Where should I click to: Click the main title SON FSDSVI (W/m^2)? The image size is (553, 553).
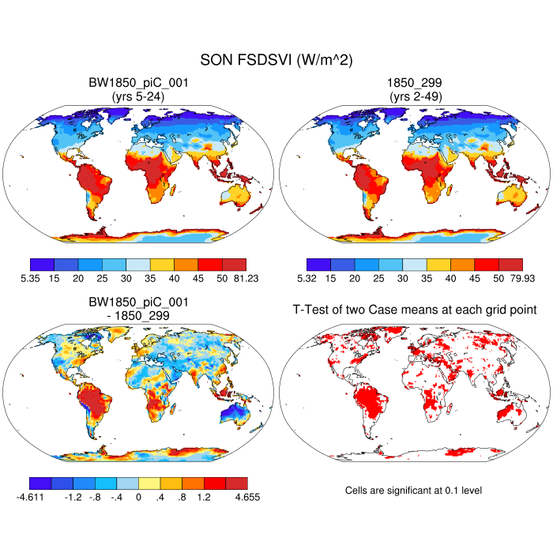tap(276, 62)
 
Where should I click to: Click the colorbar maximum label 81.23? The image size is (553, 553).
tap(245, 278)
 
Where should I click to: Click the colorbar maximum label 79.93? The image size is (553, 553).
tap(521, 278)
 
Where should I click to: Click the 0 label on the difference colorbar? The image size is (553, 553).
tap(138, 497)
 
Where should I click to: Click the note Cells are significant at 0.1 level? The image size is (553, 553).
tap(413, 491)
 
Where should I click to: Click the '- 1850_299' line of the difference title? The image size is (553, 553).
tap(138, 315)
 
